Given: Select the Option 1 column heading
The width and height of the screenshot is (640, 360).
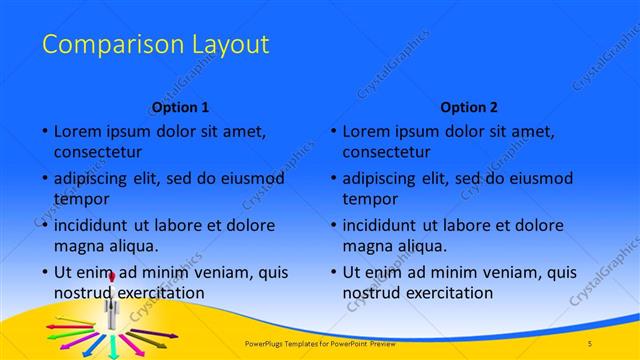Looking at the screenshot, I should pos(181,107).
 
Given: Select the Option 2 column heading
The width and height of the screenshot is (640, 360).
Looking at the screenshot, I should pos(469,107).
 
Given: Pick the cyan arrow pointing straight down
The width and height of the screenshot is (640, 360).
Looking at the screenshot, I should pos(113,349).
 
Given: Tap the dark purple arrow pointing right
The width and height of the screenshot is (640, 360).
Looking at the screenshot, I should pos(160,334).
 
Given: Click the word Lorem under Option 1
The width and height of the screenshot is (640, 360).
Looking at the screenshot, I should pos(77,132).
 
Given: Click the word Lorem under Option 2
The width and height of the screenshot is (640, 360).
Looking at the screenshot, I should pos(366,132).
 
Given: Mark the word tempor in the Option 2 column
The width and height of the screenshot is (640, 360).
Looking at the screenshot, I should pos(370,199).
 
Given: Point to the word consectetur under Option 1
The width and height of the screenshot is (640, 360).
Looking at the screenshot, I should pos(98,153).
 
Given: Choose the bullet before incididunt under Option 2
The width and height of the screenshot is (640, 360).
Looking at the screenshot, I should pos(333,226).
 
